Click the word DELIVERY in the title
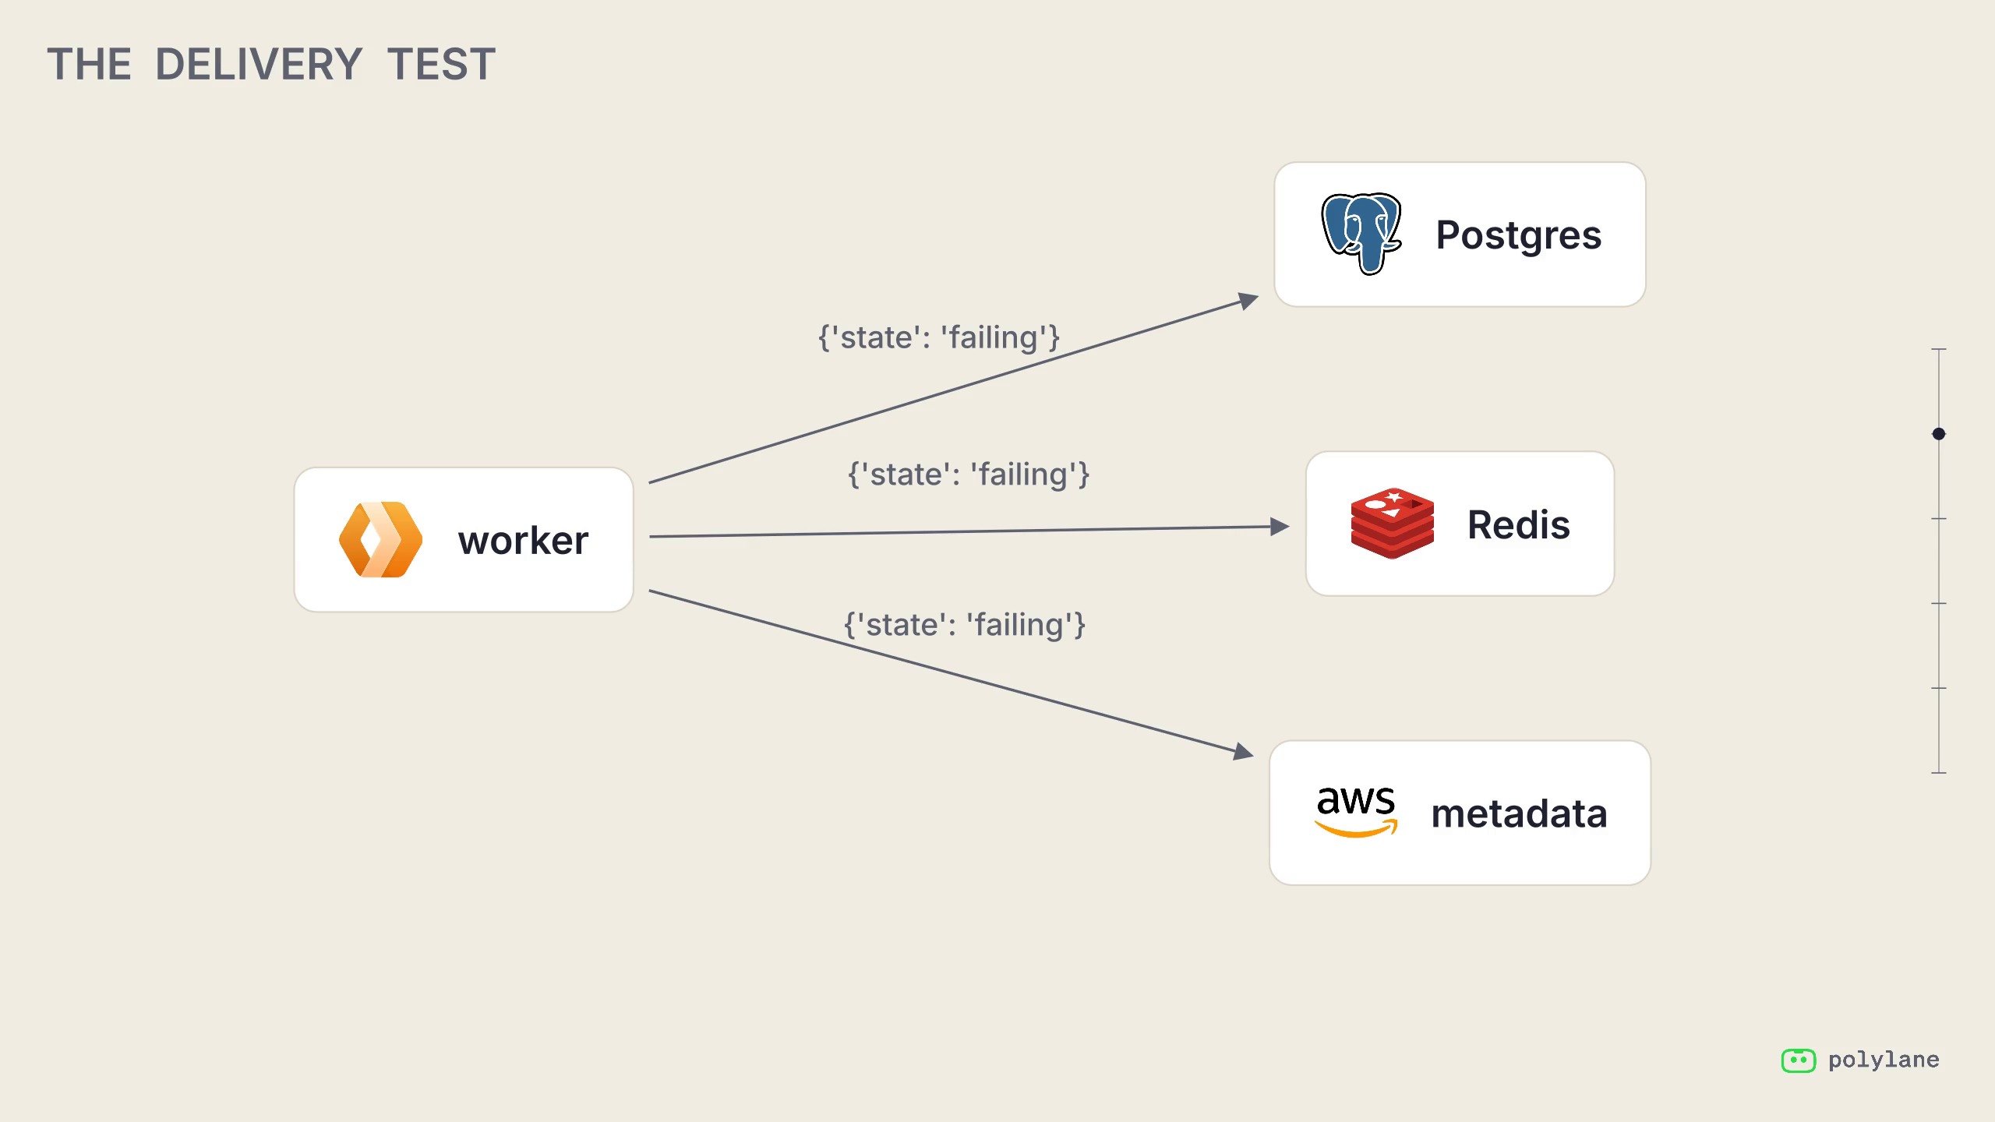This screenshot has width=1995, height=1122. (259, 64)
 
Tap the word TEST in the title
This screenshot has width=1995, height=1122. (441, 64)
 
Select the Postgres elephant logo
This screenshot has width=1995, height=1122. (1361, 234)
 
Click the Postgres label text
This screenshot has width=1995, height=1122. (1519, 235)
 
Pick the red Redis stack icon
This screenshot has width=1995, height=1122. (1393, 524)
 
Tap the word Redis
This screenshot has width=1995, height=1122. (1519, 524)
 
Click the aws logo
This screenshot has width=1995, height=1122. (1356, 812)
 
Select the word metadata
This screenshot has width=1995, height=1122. (1520, 814)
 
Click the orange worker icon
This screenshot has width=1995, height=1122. (381, 539)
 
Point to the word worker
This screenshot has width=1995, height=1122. (524, 541)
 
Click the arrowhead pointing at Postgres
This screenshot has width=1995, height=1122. (1248, 301)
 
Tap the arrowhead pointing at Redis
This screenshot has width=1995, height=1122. (1280, 527)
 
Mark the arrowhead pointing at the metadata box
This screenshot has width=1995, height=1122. (1244, 751)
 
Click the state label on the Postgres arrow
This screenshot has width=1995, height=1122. (939, 338)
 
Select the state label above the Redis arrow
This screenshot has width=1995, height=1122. (969, 475)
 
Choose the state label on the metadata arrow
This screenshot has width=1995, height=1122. (965, 625)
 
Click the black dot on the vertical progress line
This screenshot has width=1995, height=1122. (1939, 434)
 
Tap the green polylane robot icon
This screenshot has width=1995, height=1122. (1799, 1060)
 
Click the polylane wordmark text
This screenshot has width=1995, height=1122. (1884, 1060)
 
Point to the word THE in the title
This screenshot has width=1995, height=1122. (89, 64)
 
